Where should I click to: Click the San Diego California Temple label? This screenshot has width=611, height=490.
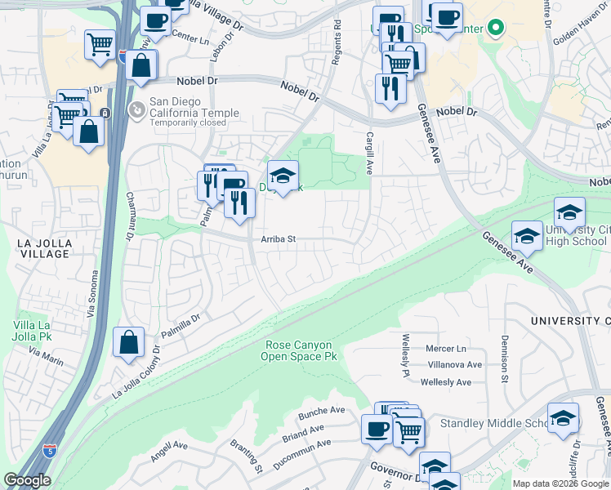pos(194,114)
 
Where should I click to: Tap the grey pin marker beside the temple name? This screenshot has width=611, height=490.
pos(136,109)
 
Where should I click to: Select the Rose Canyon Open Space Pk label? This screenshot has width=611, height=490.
pos(299,351)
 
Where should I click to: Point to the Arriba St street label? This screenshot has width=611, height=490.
pos(278,239)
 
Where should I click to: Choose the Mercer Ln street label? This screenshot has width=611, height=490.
pos(445,349)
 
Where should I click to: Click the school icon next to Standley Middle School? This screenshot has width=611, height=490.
pos(564,418)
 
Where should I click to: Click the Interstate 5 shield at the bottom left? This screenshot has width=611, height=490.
pos(50,450)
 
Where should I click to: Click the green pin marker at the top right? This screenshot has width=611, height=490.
pos(496,28)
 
